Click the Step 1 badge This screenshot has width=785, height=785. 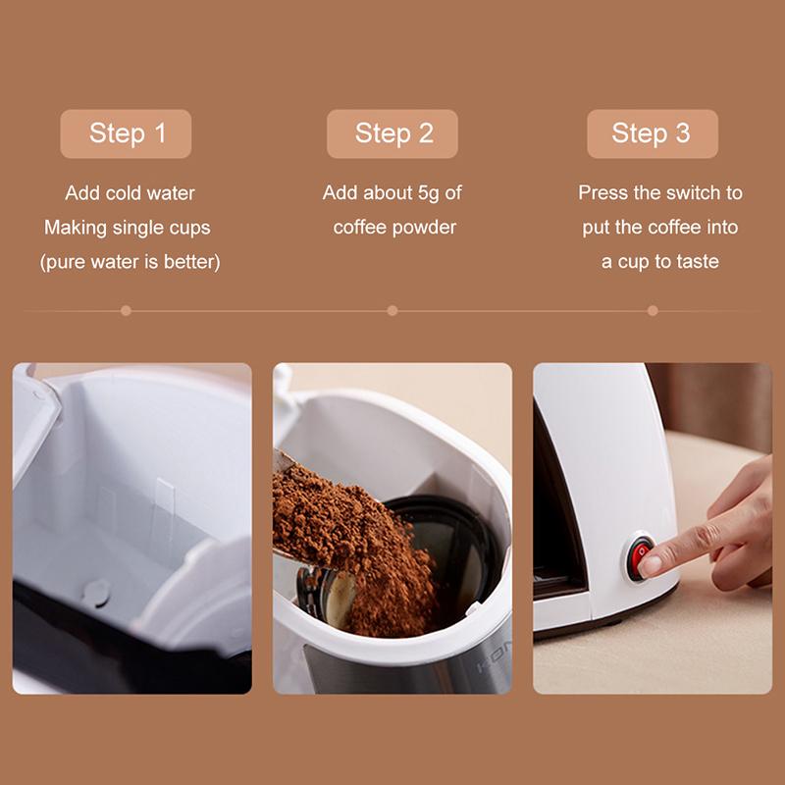pyautogui.click(x=127, y=133)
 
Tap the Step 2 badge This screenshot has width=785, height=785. pyautogui.click(x=392, y=133)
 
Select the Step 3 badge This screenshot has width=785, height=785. pyautogui.click(x=652, y=133)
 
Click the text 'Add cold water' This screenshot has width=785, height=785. pyautogui.click(x=130, y=193)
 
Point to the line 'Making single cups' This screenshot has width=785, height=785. pyautogui.click(x=128, y=228)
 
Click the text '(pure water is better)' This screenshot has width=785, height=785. pyautogui.click(x=130, y=262)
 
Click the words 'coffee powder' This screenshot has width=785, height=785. pyautogui.click(x=394, y=228)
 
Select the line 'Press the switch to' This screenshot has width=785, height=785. pyautogui.click(x=659, y=193)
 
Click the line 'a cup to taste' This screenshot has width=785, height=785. pyautogui.click(x=659, y=262)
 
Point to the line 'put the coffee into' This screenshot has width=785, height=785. pyautogui.click(x=659, y=228)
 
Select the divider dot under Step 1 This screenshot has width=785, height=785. pyautogui.click(x=126, y=310)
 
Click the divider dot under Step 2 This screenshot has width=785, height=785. pyautogui.click(x=392, y=310)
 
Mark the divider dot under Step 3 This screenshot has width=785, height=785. pyautogui.click(x=653, y=310)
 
